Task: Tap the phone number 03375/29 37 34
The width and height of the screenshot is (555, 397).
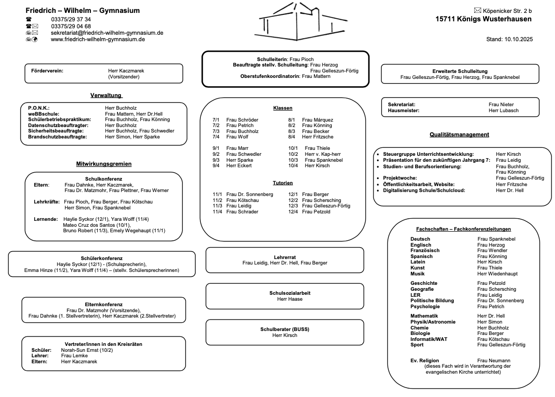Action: [71, 20]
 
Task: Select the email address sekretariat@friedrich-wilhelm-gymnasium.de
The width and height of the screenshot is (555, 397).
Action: [107, 33]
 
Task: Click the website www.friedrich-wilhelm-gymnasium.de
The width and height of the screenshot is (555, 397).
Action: [98, 39]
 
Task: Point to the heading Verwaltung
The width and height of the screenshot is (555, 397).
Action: [106, 95]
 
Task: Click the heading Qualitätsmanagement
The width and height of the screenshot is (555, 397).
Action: [459, 134]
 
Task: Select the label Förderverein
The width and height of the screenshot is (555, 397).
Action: [47, 71]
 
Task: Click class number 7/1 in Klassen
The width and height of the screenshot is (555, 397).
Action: [216, 120]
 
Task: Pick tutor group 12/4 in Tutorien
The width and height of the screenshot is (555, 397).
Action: [293, 212]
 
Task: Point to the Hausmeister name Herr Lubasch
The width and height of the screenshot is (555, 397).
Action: [503, 111]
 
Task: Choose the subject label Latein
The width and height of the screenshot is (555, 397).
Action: [418, 262]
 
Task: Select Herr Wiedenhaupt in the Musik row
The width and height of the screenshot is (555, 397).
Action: [497, 273]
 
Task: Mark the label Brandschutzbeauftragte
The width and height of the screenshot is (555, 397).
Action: [58, 136]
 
